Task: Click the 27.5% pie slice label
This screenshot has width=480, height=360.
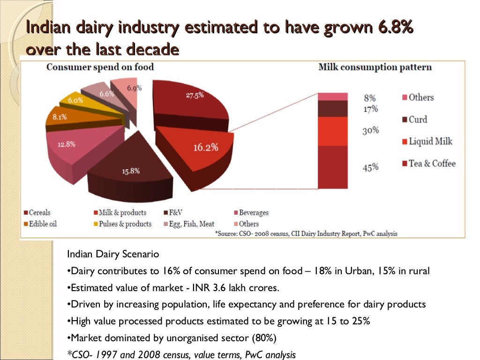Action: click(x=195, y=95)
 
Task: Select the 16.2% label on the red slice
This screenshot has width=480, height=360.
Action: click(x=206, y=147)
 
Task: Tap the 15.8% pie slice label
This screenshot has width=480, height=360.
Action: click(x=131, y=171)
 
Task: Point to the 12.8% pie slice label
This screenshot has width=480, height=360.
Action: click(x=67, y=144)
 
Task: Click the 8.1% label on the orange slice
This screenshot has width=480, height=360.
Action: click(x=60, y=117)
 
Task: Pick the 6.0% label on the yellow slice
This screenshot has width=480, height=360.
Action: click(x=75, y=100)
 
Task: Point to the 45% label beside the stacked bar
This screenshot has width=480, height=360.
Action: click(x=370, y=167)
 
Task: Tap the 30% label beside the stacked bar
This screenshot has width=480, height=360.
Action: click(x=370, y=130)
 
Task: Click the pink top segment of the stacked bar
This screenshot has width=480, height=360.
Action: click(x=332, y=97)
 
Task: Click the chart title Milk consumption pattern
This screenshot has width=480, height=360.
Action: click(x=375, y=67)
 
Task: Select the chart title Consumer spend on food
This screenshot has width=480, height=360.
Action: click(x=100, y=67)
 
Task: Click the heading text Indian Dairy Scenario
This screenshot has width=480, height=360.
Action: click(x=113, y=254)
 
